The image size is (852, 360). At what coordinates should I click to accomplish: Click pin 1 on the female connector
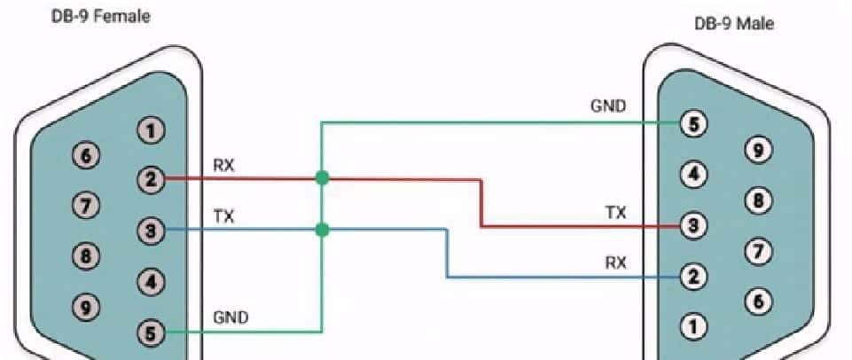(151, 131)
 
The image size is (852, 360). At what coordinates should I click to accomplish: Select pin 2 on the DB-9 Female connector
(151, 180)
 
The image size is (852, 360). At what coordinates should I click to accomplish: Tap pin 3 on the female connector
(151, 231)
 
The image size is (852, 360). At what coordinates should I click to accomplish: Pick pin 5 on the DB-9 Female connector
(151, 333)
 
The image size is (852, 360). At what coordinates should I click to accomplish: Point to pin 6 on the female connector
(85, 153)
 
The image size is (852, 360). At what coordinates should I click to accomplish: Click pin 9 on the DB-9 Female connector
(85, 307)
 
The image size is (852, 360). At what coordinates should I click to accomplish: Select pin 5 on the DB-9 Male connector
(692, 124)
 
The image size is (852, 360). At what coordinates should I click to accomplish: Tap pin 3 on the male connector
(692, 225)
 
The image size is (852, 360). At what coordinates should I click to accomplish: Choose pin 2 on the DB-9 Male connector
(692, 276)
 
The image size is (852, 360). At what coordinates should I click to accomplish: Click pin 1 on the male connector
(692, 325)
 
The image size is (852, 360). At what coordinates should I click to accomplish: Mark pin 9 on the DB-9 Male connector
(756, 150)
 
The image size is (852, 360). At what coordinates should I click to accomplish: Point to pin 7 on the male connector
(756, 251)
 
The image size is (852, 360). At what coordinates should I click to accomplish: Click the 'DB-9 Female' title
(99, 17)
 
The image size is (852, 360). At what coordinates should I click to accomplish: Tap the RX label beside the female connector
(223, 165)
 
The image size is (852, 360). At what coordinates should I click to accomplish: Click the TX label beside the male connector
(615, 213)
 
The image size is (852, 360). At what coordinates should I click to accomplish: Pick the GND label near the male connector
(608, 108)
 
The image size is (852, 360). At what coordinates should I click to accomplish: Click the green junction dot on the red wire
(322, 178)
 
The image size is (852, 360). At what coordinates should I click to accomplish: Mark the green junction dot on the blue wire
(322, 230)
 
